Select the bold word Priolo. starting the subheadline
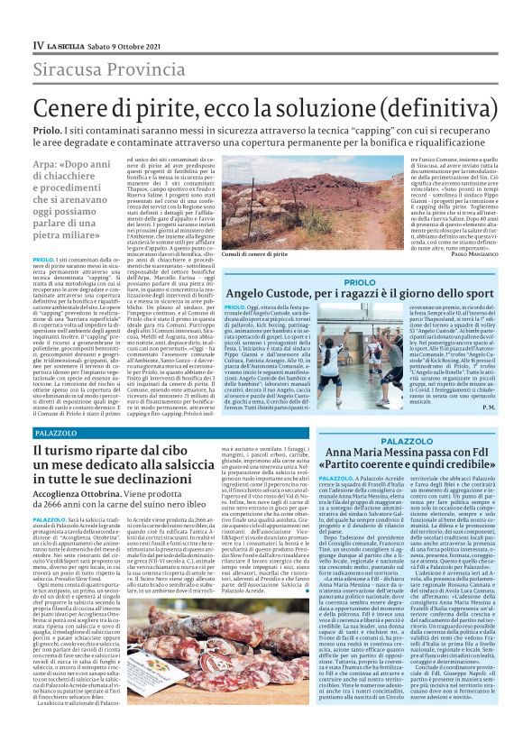click(x=46, y=130)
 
